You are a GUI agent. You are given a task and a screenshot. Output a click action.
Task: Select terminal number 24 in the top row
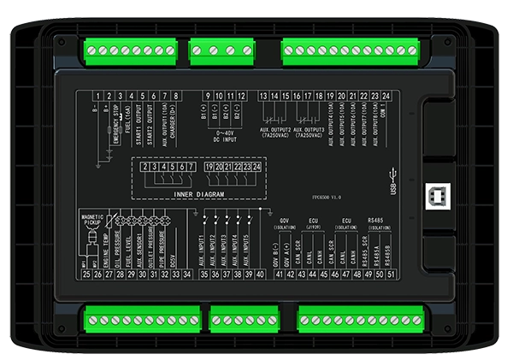coord(387,95)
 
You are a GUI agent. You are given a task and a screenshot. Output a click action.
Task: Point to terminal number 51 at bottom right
coord(391,274)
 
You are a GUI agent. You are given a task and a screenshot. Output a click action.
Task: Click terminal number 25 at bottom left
coord(86,274)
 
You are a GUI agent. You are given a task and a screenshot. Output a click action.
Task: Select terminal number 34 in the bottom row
coord(187,274)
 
